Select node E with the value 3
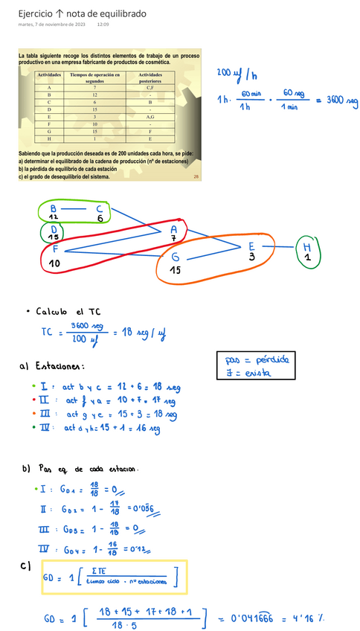pos(251,246)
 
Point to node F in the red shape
pos(56,250)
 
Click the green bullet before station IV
pos(33,428)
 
